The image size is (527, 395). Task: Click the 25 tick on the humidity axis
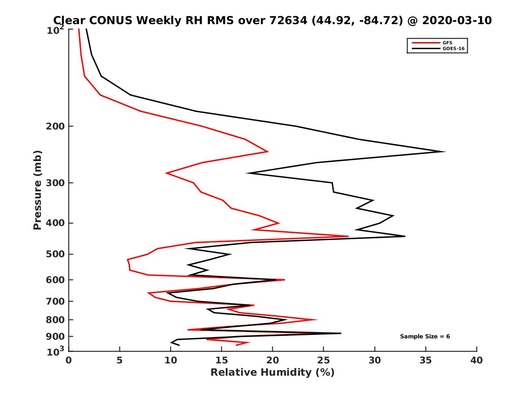324,360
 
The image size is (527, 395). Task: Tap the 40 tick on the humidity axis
476,360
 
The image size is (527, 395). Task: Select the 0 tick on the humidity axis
69,360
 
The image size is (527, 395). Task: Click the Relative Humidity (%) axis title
272,373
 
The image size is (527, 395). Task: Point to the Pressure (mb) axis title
38,190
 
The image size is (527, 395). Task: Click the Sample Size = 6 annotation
425,337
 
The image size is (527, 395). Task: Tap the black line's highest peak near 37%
445,152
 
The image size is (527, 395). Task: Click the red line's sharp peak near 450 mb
348,236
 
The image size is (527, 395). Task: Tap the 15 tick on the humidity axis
221,360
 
